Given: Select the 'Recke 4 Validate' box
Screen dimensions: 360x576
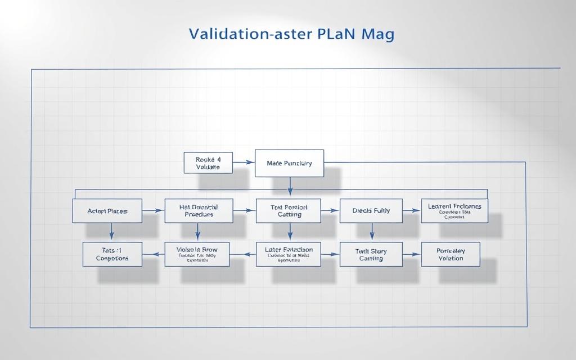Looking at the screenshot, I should coord(208,163).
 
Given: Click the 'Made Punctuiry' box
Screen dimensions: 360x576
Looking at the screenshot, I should coord(289,163).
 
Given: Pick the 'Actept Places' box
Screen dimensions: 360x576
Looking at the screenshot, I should coord(107,211).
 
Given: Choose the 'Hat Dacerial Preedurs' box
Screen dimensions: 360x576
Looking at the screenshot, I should coord(199,211).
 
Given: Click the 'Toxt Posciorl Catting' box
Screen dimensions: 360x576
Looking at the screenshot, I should coord(289,211).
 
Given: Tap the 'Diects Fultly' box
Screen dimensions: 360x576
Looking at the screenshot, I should coord(371,211).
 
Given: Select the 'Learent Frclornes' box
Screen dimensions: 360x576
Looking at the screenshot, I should coord(454,210).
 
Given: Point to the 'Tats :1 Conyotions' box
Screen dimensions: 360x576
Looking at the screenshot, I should coord(112,254).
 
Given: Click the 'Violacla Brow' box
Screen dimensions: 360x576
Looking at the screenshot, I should coord(197,254).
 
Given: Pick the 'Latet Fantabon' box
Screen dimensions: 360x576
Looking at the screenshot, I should coord(288,254).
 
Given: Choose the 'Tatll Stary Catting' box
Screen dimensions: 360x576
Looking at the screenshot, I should coord(371,254).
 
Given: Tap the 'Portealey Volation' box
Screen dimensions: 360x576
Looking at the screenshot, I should coord(451,254).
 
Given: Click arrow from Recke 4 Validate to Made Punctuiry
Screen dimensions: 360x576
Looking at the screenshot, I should coord(244,163).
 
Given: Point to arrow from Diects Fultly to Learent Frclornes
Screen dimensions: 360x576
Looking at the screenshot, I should coord(412,211).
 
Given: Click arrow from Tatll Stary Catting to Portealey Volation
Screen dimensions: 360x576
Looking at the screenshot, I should coord(412,254).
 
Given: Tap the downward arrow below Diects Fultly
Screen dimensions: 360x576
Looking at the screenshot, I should coord(372,232).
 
